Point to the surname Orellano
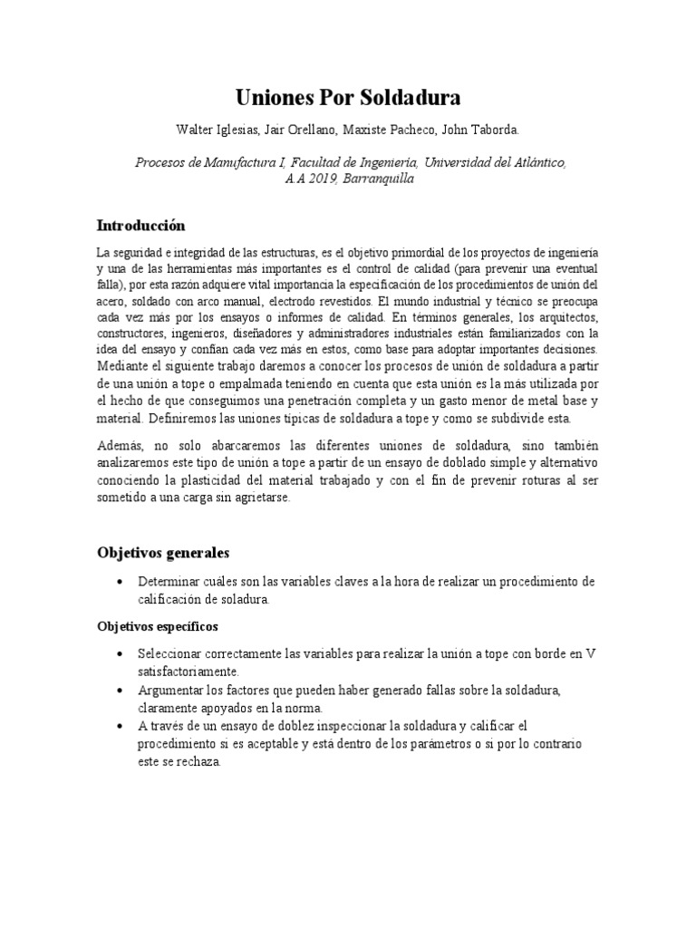click(x=315, y=130)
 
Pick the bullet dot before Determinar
click(x=120, y=581)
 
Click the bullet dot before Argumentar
click(x=120, y=691)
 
